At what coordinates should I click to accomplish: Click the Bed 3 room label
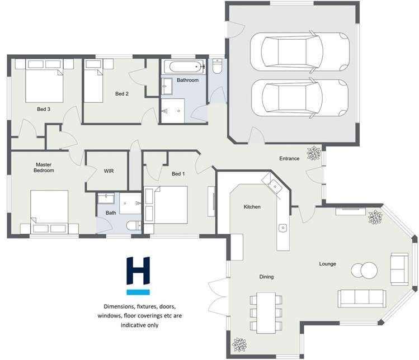(44, 109)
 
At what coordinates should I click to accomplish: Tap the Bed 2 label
(122, 93)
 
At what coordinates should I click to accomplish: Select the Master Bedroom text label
(44, 168)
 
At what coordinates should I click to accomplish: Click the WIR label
(109, 170)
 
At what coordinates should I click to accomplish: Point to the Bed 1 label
(177, 174)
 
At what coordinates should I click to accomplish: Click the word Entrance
(289, 159)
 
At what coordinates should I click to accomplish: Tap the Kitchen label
(252, 207)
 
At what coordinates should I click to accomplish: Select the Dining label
(266, 277)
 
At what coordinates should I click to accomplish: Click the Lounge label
(327, 263)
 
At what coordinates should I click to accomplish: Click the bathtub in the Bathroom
(183, 67)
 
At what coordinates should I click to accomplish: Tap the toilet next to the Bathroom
(217, 67)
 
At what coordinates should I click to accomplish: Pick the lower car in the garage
(299, 98)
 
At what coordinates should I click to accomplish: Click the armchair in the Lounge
(399, 268)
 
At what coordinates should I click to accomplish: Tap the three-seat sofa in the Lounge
(361, 297)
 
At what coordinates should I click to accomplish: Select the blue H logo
(138, 274)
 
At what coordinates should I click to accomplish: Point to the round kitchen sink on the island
(283, 228)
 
